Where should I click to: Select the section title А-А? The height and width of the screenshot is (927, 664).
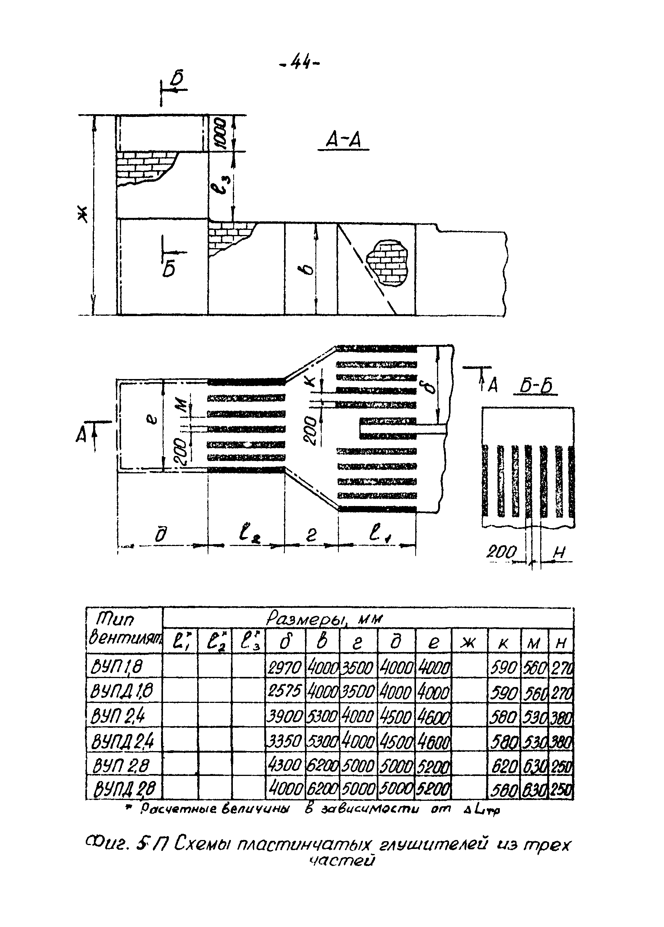(x=343, y=141)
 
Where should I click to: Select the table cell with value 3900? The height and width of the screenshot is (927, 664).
(x=284, y=716)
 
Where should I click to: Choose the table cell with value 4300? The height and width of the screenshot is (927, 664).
(x=284, y=765)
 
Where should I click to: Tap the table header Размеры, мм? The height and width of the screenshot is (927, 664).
(x=325, y=619)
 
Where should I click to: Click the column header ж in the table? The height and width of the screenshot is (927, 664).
(x=469, y=644)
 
